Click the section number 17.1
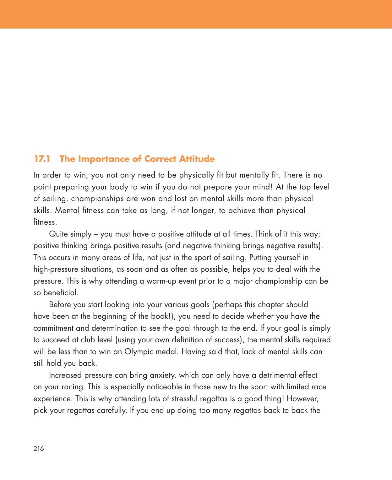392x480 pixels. click(42, 159)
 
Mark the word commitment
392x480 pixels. click(54, 328)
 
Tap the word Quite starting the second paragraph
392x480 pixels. click(57, 234)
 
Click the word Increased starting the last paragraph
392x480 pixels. click(64, 375)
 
